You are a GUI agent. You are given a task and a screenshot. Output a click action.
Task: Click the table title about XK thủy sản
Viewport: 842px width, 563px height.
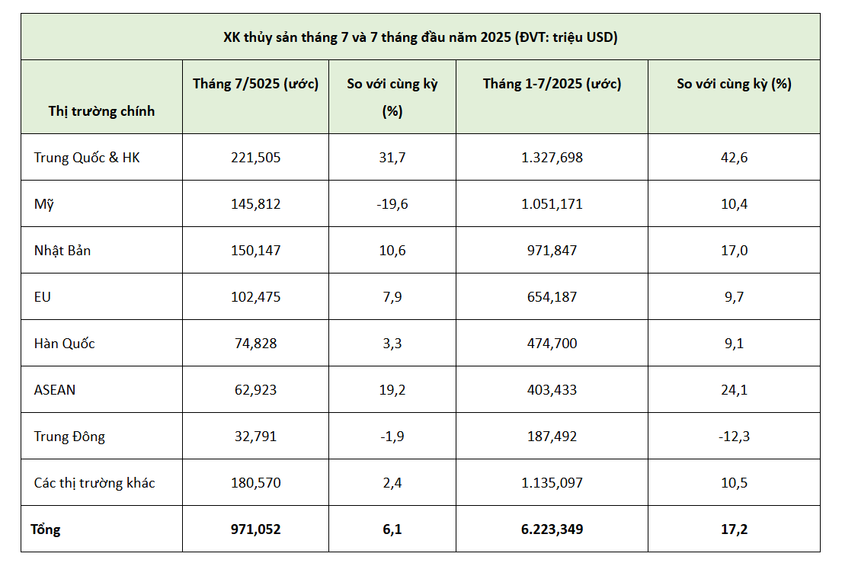coord(420,37)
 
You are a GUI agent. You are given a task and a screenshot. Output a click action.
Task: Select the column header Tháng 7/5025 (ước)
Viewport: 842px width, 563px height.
coord(255,84)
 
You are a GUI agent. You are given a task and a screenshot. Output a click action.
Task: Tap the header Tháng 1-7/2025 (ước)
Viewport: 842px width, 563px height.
coord(552,84)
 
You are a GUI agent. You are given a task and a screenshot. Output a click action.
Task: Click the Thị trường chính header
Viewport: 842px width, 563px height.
coord(101,111)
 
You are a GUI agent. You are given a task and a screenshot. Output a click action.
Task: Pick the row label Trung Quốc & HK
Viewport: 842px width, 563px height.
coord(87,158)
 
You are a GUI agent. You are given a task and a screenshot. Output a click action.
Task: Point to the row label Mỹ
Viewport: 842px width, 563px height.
coord(43,204)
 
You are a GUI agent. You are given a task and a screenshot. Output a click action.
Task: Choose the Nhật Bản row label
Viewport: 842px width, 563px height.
coord(62,251)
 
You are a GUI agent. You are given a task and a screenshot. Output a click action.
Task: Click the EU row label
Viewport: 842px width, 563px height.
coord(43,297)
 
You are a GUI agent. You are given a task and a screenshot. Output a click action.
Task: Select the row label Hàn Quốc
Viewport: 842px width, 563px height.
coord(64,344)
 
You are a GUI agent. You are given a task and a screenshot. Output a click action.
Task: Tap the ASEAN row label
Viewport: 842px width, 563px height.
coord(54,390)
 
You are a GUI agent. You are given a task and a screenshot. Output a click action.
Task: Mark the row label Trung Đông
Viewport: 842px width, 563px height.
coord(69,437)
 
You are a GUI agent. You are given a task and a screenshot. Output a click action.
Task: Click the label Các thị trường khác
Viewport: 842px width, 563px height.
coord(94,483)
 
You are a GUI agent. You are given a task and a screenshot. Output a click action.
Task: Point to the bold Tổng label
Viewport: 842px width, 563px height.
coord(45,529)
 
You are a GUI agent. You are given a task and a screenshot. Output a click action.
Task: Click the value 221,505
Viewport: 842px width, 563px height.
coord(255,158)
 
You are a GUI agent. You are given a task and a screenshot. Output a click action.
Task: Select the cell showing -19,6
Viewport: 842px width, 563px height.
coord(392,204)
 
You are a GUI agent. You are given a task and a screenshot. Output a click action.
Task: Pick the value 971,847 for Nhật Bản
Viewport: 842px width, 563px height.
coord(552,251)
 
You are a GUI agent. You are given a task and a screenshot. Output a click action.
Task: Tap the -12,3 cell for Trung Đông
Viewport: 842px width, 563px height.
coord(733,437)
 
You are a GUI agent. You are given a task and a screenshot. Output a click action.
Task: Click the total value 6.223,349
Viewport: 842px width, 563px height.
coord(552,529)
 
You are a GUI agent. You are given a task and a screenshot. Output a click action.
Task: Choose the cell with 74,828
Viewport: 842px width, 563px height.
coord(255,344)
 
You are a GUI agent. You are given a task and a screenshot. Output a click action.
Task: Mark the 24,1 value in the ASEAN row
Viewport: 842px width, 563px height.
coord(733,390)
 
